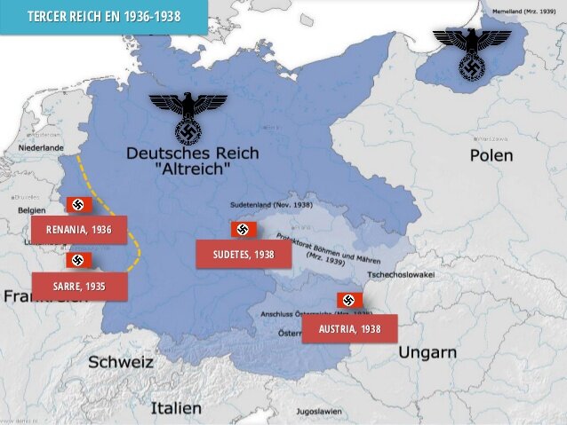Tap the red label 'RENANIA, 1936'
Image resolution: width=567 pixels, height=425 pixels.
pos(79,230)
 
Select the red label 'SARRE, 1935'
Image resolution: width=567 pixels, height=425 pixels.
pos(79,286)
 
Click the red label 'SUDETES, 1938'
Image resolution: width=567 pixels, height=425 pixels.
pos(244,255)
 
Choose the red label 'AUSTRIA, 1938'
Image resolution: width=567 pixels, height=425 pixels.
pos(349,328)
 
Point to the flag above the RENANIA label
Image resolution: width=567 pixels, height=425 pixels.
pos(77,205)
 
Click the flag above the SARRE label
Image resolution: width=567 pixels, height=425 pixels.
pos(77,261)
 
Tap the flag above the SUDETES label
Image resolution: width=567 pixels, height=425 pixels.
pos(243,230)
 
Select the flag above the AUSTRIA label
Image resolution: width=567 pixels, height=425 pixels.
pos(348,301)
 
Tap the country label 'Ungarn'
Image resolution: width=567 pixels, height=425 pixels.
pos(427,352)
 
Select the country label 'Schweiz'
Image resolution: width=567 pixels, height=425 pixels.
pos(120,362)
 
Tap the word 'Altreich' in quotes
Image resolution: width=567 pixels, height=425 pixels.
pos(192,168)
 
